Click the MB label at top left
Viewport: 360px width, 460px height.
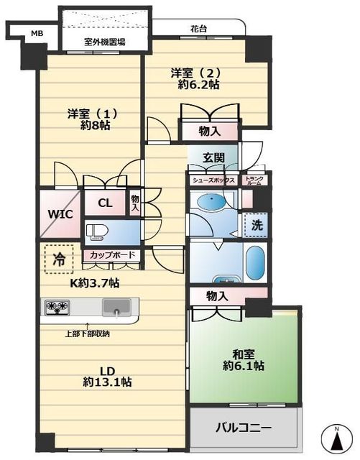(x=37, y=34)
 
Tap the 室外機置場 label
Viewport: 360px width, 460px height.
(x=105, y=42)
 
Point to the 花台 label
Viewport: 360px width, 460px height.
(x=198, y=29)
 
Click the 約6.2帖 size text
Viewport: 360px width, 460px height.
(x=198, y=85)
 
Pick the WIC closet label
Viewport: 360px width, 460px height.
(x=60, y=214)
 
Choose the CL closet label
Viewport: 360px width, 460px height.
(x=105, y=203)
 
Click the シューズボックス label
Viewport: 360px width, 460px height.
(x=214, y=180)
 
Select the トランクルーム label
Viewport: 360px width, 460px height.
(x=254, y=180)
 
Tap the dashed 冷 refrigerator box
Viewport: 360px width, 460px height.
(x=59, y=259)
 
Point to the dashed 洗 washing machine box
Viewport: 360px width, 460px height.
(x=257, y=225)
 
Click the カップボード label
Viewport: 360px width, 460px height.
(x=112, y=254)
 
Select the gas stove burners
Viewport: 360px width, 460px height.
(x=57, y=307)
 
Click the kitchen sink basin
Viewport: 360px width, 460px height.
(x=116, y=308)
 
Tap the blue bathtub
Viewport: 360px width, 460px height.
(x=255, y=262)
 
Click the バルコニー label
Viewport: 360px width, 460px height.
(x=243, y=428)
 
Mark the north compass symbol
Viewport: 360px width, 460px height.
(x=337, y=438)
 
